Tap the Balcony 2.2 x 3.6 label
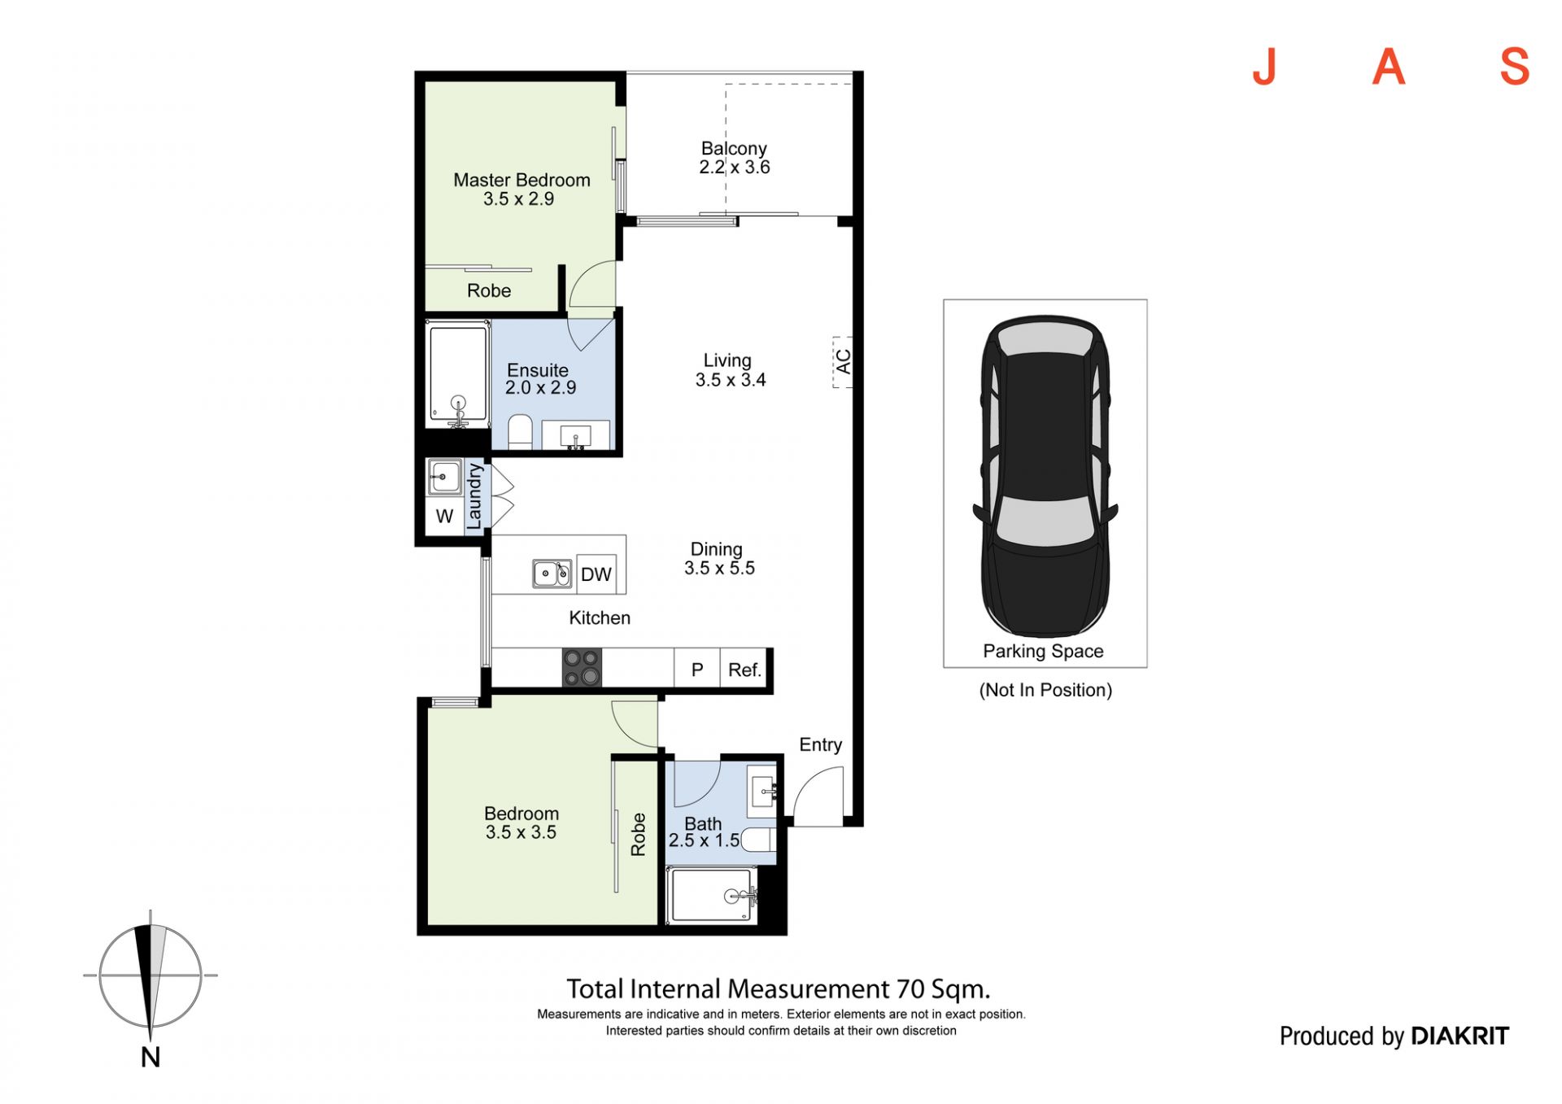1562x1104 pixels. point(734,158)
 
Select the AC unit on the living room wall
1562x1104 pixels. point(842,362)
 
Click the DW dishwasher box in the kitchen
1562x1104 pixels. point(596,574)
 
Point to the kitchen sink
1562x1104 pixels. point(552,574)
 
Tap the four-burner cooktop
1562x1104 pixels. point(582,668)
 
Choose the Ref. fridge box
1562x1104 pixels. point(744,670)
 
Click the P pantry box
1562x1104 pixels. point(697,670)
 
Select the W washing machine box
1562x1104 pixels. point(444,516)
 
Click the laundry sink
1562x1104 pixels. point(444,477)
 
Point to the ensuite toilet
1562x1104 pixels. point(520,432)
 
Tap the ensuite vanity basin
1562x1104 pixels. point(576,436)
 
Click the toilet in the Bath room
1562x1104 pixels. point(758,840)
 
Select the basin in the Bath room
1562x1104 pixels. point(763,789)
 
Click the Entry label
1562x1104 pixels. point(820,744)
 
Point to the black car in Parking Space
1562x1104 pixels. point(1045,476)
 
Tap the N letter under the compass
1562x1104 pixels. point(151,1057)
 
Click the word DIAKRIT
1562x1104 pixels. point(1459,1036)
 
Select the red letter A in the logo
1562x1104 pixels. point(1389,67)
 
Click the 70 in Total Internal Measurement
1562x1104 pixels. point(910,989)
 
